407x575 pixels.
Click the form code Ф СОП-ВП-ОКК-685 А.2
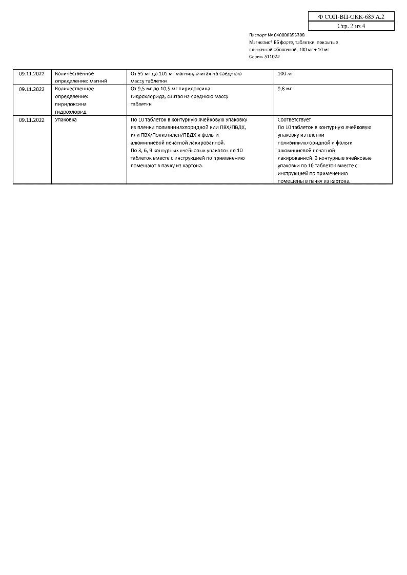(x=351, y=16)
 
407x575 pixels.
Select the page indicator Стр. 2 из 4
(x=351, y=26)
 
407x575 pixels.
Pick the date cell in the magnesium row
(x=32, y=74)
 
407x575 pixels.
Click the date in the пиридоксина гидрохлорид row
(x=32, y=89)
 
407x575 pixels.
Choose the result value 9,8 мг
(x=284, y=89)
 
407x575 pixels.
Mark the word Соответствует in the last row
(x=294, y=119)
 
